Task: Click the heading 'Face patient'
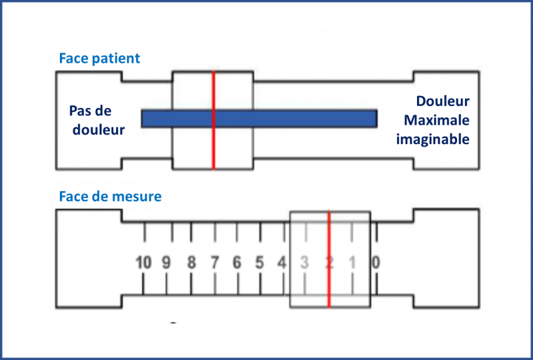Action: coord(99,58)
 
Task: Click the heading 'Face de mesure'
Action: coord(110,197)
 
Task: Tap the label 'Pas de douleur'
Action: coord(97,120)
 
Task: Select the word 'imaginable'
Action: coord(433,139)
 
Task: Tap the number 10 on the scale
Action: coord(143,262)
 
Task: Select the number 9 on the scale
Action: coord(167,262)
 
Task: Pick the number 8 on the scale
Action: coord(191,262)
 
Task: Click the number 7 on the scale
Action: coord(215,262)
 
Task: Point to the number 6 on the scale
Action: coord(237,262)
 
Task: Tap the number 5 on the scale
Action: coord(260,262)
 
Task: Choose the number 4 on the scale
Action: coord(282,262)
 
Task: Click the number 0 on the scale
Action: coord(376,262)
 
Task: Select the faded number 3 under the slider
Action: coord(304,262)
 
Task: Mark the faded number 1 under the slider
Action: coord(352,262)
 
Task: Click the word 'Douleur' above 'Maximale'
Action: coord(442,101)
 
